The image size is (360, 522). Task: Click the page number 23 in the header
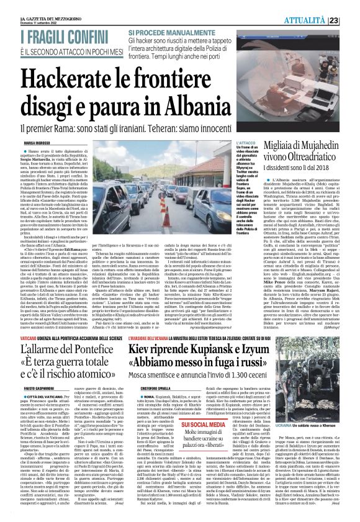[x=351, y=20]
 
